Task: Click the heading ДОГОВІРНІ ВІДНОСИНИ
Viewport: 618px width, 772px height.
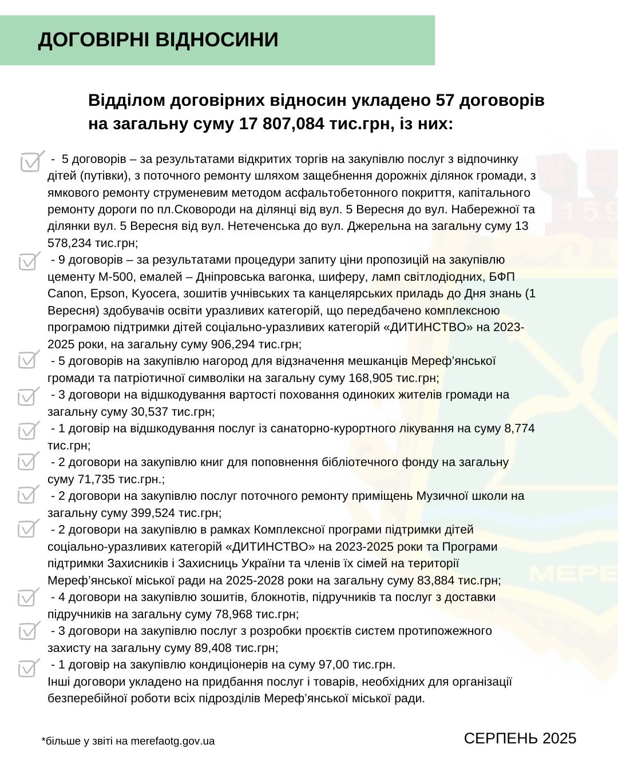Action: (158, 40)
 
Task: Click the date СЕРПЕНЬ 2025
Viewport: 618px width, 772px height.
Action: (520, 738)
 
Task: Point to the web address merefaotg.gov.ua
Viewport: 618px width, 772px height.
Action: (172, 742)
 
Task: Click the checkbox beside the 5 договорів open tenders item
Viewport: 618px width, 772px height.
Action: (31, 162)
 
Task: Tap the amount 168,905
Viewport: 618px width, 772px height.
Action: (371, 378)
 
